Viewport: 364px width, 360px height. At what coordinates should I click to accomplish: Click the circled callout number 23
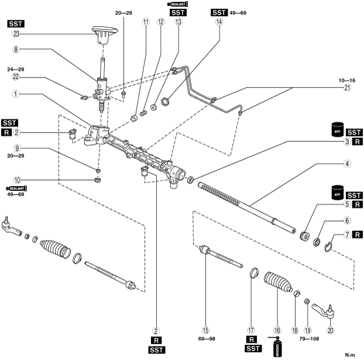coord(15,33)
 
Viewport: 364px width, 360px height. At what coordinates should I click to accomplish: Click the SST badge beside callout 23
coord(16,23)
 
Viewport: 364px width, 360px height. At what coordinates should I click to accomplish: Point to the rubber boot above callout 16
coord(276,283)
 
